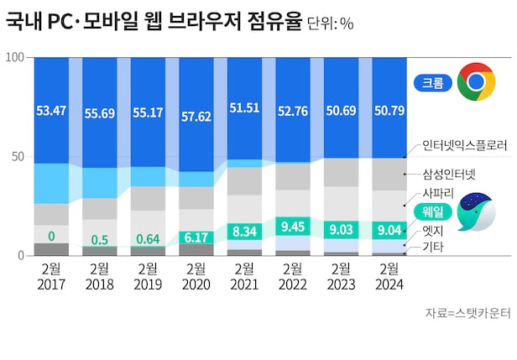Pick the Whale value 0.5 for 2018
tap(99, 241)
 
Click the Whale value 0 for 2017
tap(51, 236)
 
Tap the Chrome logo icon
tap(476, 82)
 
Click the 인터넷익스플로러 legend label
tap(463, 144)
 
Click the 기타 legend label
tap(433, 247)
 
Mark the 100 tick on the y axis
tap(16, 57)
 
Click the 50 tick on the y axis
tap(21, 157)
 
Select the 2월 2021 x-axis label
tap(244, 276)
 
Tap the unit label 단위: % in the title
tap(330, 23)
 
